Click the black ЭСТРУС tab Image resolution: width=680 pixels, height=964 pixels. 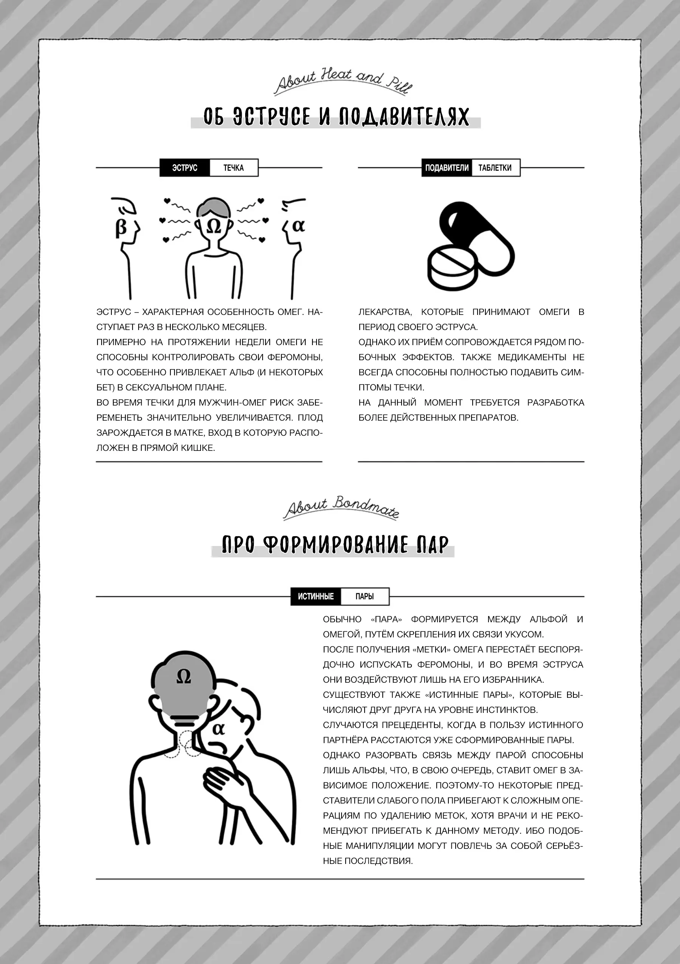pyautogui.click(x=184, y=168)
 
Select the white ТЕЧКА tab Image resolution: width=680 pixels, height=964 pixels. pyautogui.click(x=233, y=168)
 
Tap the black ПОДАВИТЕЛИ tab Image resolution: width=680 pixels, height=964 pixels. pyautogui.click(x=447, y=168)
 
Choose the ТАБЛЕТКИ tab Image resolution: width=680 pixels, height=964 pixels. pyautogui.click(x=495, y=168)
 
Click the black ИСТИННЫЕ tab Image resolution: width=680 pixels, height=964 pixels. pyautogui.click(x=315, y=596)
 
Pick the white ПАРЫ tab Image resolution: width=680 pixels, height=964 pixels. pyautogui.click(x=365, y=596)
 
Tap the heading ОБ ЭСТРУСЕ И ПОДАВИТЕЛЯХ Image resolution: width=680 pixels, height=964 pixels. pyautogui.click(x=335, y=117)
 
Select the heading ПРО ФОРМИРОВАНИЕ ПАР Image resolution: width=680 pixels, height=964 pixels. pyautogui.click(x=334, y=545)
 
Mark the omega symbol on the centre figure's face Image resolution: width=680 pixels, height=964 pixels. pyautogui.click(x=214, y=227)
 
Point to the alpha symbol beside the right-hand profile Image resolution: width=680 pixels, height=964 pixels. pyautogui.click(x=298, y=226)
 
